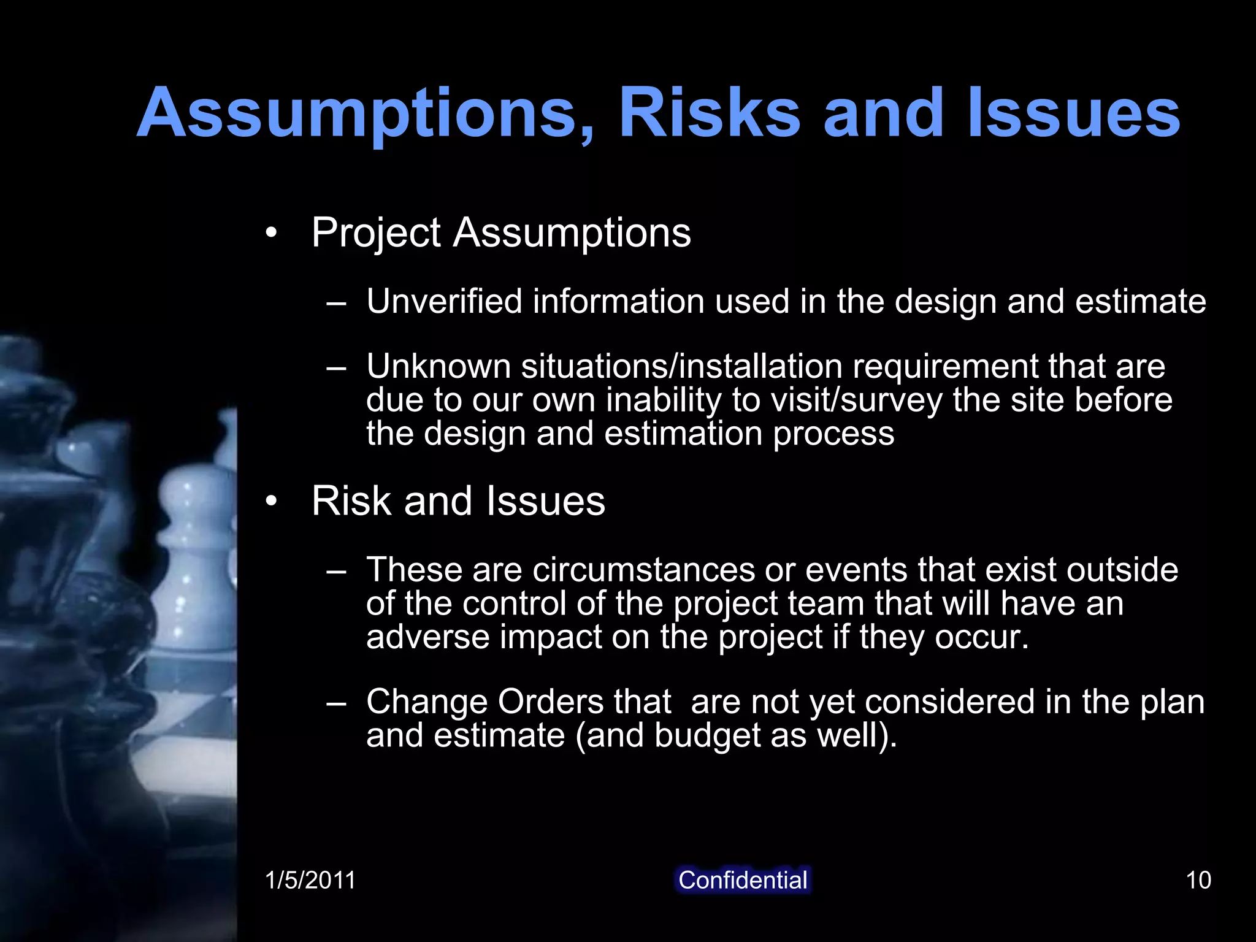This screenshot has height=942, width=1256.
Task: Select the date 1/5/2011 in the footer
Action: [310, 880]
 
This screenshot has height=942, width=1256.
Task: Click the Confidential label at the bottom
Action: [743, 880]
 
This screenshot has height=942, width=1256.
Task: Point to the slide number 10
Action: [1198, 880]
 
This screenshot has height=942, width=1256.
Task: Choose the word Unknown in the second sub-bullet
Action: [438, 366]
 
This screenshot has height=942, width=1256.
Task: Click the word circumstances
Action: [644, 570]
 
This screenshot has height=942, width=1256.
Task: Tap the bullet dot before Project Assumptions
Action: [271, 234]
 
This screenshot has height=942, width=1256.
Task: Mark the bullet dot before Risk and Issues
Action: [271, 502]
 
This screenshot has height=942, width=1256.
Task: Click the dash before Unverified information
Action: [337, 302]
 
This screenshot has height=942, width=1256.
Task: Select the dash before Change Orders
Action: [337, 703]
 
